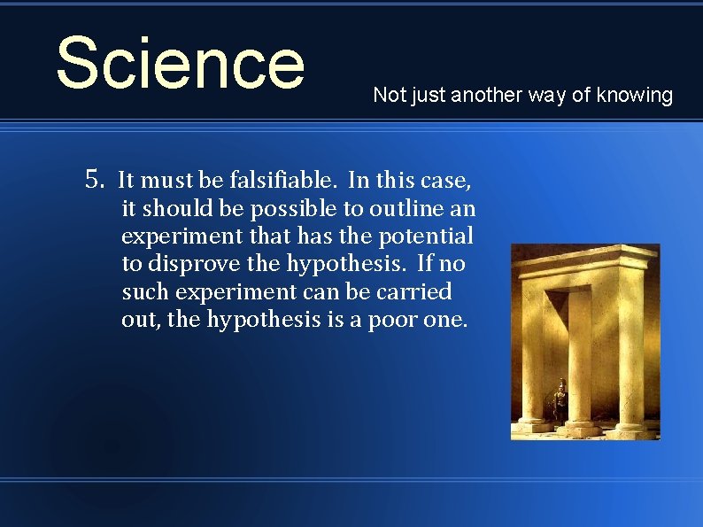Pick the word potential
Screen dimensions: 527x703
[432, 236]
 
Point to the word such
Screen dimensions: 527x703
[144, 291]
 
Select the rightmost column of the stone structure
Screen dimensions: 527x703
[630, 354]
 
